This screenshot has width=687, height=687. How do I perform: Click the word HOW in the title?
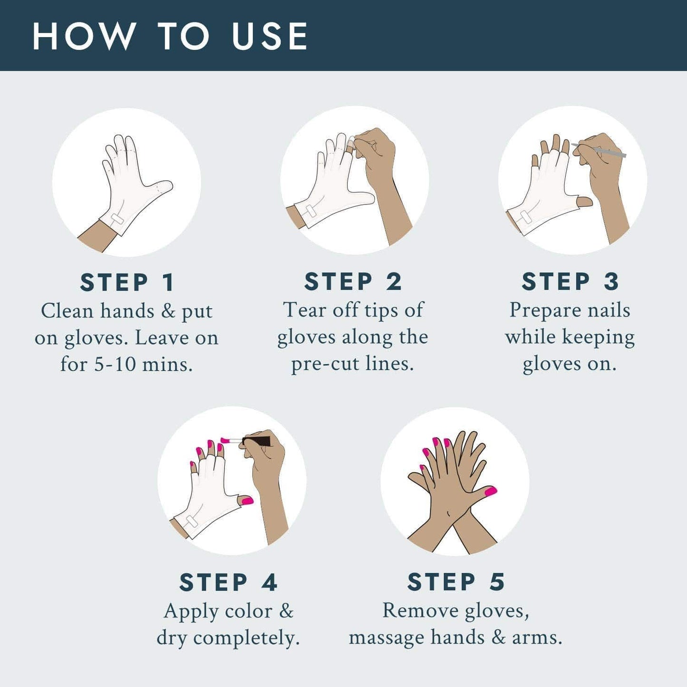(x=84, y=36)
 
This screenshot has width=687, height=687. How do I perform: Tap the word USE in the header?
(x=270, y=36)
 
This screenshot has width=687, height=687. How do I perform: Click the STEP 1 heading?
(x=127, y=282)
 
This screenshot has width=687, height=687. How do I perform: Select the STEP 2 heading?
(x=353, y=281)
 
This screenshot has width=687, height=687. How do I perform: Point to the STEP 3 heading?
(x=571, y=281)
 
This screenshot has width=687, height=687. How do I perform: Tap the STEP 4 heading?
(x=228, y=582)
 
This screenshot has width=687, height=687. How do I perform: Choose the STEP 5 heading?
(x=456, y=582)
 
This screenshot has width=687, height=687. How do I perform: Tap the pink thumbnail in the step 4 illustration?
(x=246, y=500)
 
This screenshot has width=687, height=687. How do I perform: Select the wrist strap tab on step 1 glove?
(x=117, y=219)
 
